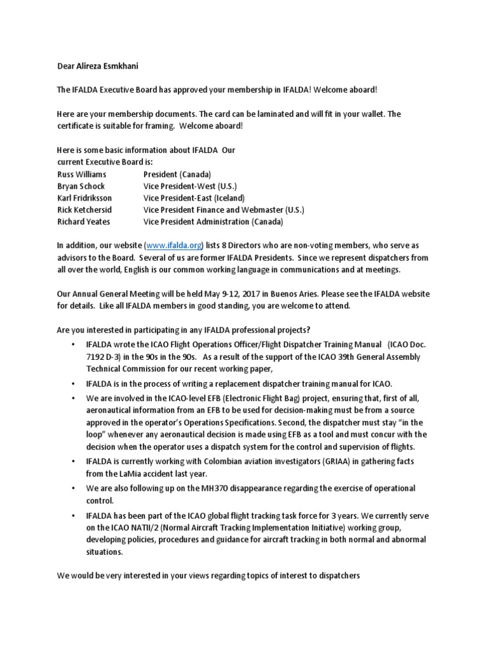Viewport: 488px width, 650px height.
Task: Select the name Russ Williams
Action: pyautogui.click(x=81, y=174)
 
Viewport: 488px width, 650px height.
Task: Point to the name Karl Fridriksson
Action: pyautogui.click(x=85, y=198)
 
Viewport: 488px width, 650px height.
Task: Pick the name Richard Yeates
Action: pyautogui.click(x=83, y=222)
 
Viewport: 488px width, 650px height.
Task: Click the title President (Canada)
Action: pyautogui.click(x=177, y=174)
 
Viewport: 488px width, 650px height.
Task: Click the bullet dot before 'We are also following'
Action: pyautogui.click(x=74, y=489)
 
